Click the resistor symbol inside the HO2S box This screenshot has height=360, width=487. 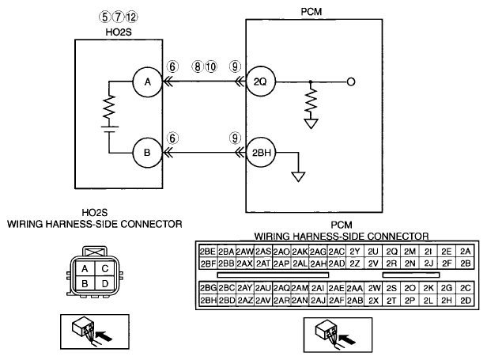tap(109, 108)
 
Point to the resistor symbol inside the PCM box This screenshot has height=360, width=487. tap(311, 100)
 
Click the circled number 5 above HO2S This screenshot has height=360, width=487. tap(104, 17)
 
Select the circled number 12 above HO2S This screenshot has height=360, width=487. tap(131, 17)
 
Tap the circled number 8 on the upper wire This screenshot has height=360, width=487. tap(198, 66)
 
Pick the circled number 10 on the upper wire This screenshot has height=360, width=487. tap(211, 66)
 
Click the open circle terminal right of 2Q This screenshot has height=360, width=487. tap(351, 82)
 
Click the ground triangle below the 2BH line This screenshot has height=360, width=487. tap(298, 176)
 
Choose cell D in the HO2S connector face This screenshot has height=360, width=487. tap(105, 283)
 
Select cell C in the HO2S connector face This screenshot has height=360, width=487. tap(105, 268)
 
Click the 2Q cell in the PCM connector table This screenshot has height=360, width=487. tap(391, 252)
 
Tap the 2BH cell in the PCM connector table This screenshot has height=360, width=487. tap(208, 301)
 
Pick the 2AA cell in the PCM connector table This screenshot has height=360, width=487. tap(355, 289)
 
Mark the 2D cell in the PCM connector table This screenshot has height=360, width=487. tap(465, 301)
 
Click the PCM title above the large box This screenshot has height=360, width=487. tap(311, 12)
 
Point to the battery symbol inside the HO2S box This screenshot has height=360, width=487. tap(109, 129)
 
